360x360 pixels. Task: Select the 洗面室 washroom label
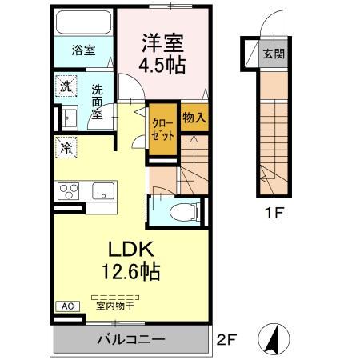[97, 103]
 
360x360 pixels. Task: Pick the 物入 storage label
[194, 118]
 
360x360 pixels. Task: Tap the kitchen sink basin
[103, 191]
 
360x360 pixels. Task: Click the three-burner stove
[67, 192]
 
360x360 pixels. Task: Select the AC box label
[67, 306]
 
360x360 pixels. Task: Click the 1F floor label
[273, 214]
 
